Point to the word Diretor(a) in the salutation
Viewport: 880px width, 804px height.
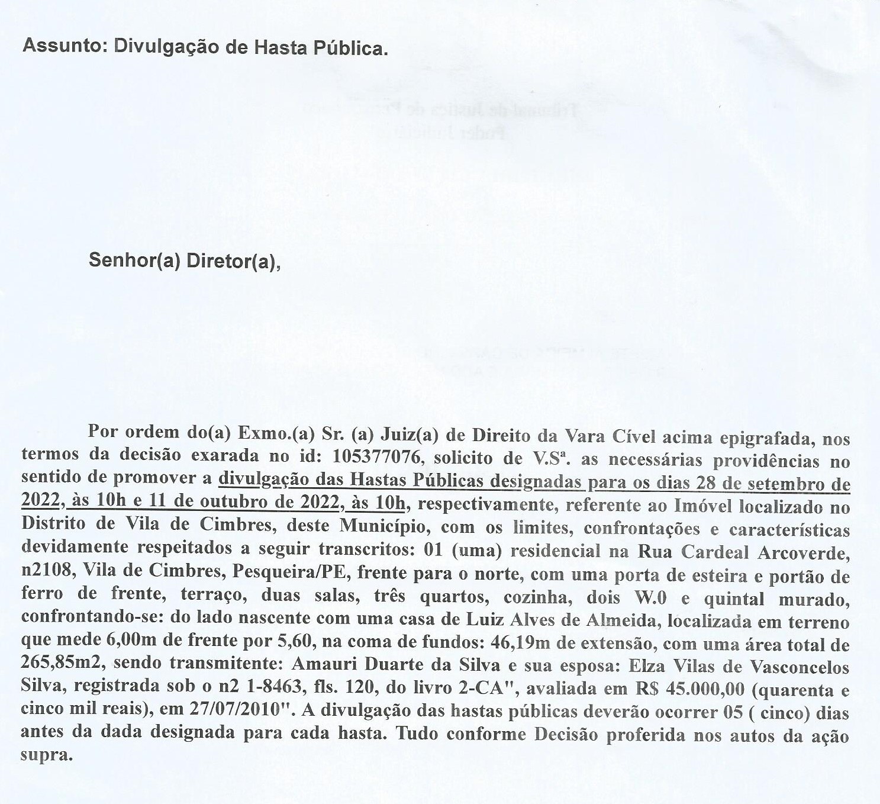(233, 261)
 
